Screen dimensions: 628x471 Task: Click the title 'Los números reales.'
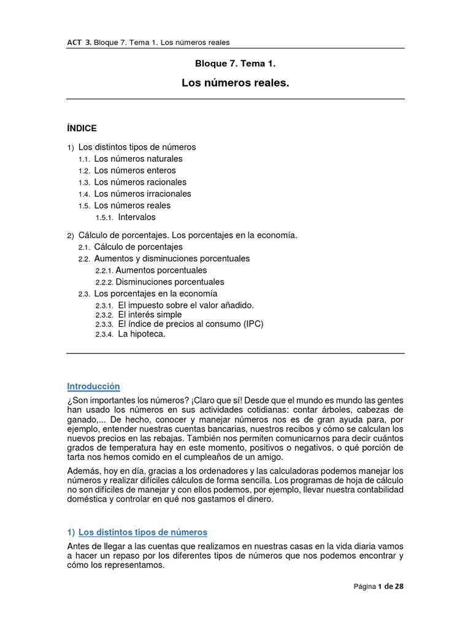coord(235,82)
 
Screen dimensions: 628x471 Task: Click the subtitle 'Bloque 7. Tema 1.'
coord(235,63)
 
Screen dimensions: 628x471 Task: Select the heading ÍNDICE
coord(82,128)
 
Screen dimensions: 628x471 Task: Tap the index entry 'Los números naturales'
coord(138,159)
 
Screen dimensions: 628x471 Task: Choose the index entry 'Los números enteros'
coord(134,170)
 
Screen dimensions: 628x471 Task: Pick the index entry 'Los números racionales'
coord(140,182)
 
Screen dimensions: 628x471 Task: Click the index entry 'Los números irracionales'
coord(142,194)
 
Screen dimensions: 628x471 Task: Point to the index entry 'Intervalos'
coord(137,217)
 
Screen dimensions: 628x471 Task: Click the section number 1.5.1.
coord(104,218)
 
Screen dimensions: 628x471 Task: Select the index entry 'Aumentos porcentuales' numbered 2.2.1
coord(161,270)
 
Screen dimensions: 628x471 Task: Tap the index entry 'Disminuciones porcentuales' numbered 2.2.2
coord(170,282)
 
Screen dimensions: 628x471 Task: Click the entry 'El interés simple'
coord(150,315)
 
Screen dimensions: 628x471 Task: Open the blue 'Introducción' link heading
coord(93,386)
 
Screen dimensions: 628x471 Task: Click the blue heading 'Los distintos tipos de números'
coord(143,532)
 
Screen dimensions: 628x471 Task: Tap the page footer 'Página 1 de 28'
coord(378,586)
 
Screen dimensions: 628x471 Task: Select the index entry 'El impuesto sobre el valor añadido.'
coord(185,305)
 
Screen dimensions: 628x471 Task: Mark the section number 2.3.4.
coord(104,335)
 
